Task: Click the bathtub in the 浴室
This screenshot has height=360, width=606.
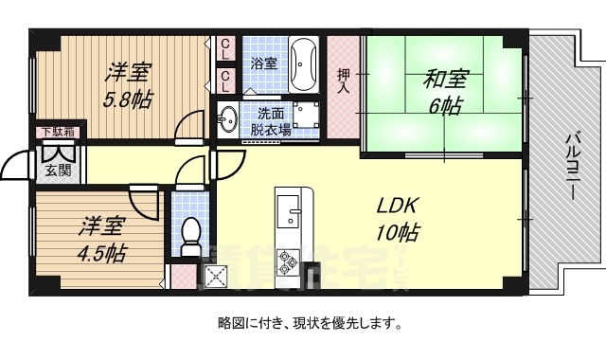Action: coord(303,61)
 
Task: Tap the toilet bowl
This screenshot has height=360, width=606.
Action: coord(190,233)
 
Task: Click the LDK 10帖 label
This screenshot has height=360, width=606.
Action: coord(398,219)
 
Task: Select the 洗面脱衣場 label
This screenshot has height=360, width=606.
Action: coord(270,120)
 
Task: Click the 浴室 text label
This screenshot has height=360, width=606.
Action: coord(263,63)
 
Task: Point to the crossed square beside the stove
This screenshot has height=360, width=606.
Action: coord(215,277)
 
